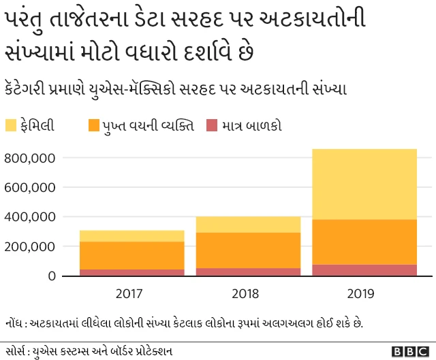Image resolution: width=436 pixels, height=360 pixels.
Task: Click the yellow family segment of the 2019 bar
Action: click(364, 184)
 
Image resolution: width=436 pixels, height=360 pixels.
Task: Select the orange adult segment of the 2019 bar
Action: click(364, 242)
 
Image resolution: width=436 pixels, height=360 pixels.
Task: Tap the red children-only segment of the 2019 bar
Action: click(364, 270)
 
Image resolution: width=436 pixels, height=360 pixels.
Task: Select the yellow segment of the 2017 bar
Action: click(131, 235)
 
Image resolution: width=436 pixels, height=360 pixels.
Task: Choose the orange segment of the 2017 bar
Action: click(131, 255)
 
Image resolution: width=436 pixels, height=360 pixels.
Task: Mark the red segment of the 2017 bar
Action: click(131, 272)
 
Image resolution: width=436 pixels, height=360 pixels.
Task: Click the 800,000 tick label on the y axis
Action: click(29, 158)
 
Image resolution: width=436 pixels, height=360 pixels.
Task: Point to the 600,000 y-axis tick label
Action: click(29, 188)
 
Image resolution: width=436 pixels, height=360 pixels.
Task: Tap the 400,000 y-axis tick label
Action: click(29, 217)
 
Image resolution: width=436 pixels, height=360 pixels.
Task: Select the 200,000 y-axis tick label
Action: click(29, 246)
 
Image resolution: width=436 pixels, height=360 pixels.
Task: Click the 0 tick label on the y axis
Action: click(52, 276)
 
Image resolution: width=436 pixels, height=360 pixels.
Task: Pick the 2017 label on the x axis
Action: click(129, 294)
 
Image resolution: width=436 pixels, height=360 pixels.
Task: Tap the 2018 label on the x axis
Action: click(245, 294)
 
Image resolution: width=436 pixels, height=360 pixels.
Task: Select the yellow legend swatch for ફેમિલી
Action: click(11, 125)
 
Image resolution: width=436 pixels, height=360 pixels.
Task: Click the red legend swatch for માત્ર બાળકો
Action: click(212, 125)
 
